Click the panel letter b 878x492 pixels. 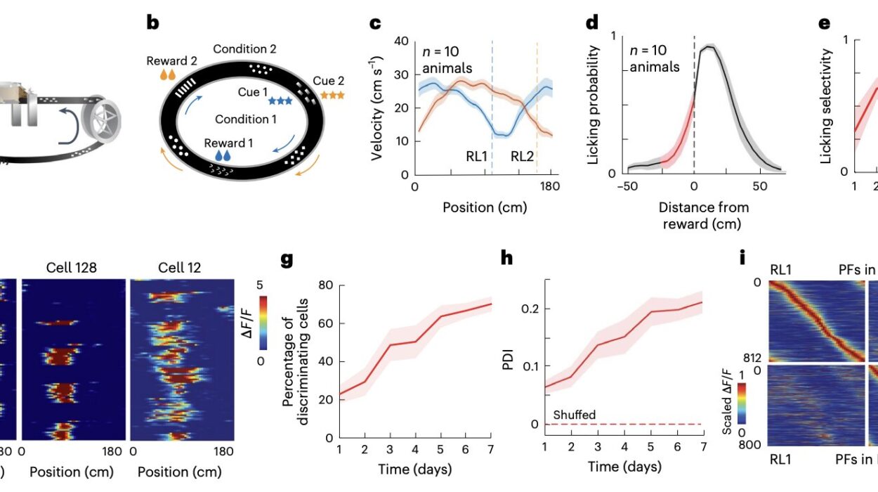153,23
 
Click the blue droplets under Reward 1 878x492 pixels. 223,155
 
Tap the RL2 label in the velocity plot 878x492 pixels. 522,156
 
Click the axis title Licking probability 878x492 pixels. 593,105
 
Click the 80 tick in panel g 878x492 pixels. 324,286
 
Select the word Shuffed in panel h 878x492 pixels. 575,415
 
